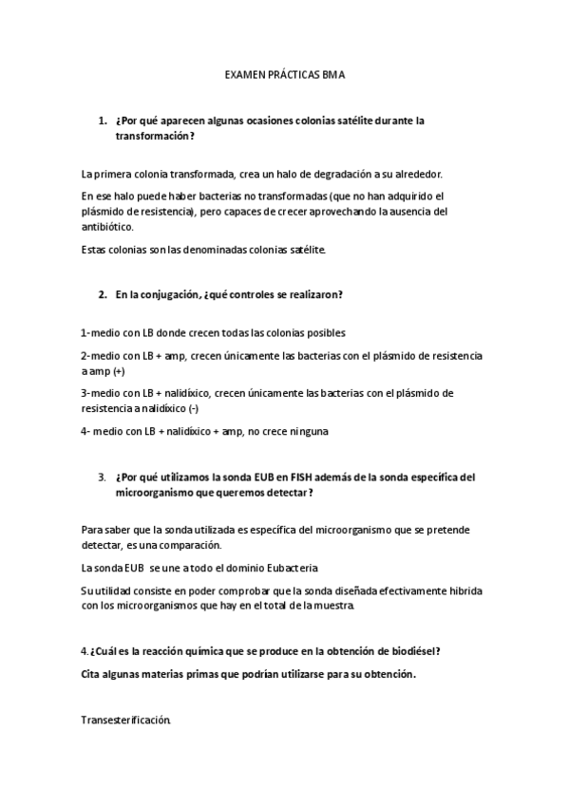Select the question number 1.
point(102,122)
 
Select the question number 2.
point(102,294)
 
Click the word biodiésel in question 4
point(410,651)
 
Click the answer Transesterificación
point(126,721)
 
